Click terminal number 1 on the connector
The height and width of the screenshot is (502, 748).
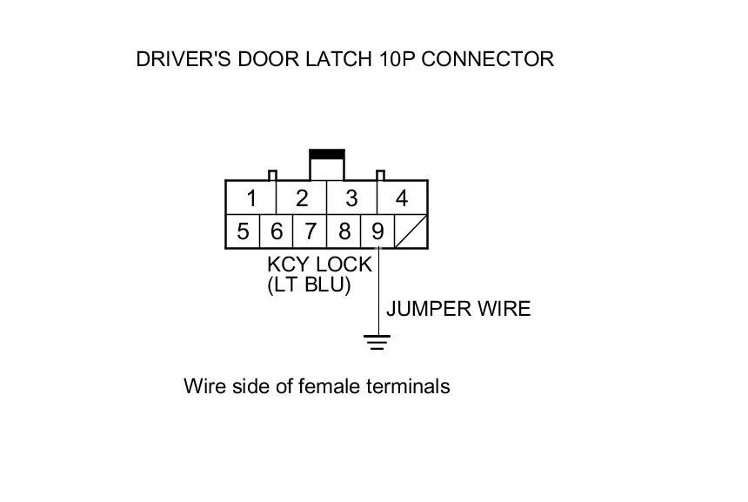coord(250,198)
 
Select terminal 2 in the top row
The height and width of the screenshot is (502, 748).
coord(301,198)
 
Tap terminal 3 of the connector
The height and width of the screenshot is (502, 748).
coord(351,198)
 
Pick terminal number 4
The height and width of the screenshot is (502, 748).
coord(402,198)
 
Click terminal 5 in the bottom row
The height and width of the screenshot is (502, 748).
coord(243,232)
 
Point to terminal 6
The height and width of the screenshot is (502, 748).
coord(276,232)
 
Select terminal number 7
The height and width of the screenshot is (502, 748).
coord(310,232)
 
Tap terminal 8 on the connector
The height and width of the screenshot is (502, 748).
coord(344,232)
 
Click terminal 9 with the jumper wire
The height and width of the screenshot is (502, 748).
coord(377,232)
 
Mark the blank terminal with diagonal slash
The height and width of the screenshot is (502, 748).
coord(411,232)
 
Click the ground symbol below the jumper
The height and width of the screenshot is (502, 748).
coord(377,341)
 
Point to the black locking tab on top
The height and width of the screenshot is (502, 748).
coord(327,155)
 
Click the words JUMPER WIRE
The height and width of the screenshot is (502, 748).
coord(457,309)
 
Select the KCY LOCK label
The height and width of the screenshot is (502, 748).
coord(319,264)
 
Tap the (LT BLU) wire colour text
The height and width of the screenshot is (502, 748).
coord(309,284)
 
